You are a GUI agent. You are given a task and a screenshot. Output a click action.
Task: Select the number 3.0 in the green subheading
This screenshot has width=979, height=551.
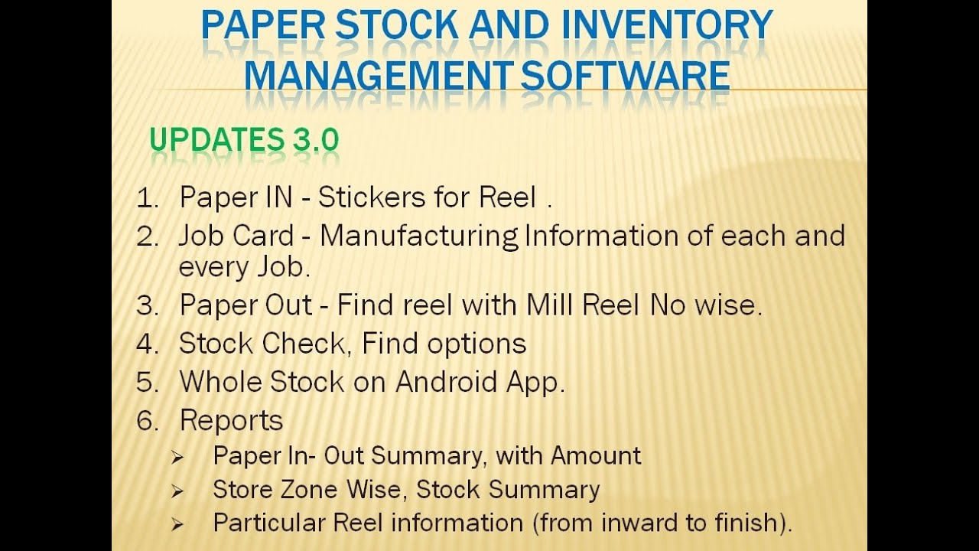click(x=314, y=140)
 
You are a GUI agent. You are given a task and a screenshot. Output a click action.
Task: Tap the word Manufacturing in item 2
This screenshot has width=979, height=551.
click(x=419, y=236)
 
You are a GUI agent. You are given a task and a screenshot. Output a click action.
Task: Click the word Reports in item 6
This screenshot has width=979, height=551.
click(x=231, y=420)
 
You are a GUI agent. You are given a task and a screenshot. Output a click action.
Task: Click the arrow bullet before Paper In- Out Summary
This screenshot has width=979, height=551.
click(x=177, y=458)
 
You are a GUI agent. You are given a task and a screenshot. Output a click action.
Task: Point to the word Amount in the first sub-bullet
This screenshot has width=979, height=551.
click(x=596, y=456)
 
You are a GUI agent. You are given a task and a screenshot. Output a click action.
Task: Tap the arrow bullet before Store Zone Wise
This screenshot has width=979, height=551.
click(x=177, y=491)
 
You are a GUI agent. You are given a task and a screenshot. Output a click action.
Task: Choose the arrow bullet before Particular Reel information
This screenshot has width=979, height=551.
click(x=177, y=525)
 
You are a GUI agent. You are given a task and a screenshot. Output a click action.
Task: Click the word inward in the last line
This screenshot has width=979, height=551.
click(x=639, y=523)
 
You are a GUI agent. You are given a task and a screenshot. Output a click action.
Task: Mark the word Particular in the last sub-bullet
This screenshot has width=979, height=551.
click(x=269, y=523)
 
